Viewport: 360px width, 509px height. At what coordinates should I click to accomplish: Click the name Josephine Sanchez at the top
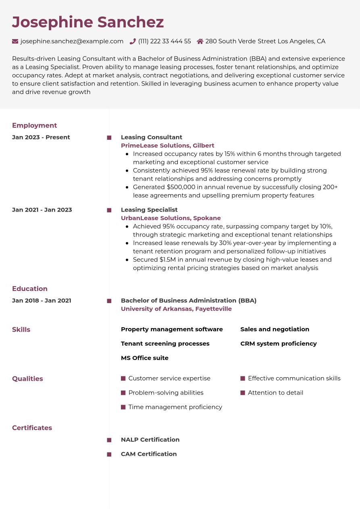[88, 22]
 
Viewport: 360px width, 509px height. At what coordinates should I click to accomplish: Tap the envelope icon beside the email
[15, 41]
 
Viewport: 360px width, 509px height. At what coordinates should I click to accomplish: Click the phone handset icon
[133, 41]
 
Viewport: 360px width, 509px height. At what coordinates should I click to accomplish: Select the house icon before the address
[200, 41]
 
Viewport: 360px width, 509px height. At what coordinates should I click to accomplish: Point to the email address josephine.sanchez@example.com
[72, 41]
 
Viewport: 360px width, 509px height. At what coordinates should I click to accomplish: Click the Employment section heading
[34, 125]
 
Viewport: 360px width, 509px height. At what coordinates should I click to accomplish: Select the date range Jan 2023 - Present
[41, 137]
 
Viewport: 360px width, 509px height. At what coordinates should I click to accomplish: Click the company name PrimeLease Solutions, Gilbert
[167, 145]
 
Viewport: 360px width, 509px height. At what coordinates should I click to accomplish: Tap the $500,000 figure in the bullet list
[181, 187]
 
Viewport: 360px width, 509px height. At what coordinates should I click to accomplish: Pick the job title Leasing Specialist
[149, 210]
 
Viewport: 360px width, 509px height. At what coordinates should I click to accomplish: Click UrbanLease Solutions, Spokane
[171, 218]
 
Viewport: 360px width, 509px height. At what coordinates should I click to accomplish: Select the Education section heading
[29, 289]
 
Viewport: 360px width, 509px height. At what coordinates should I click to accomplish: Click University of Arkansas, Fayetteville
[176, 309]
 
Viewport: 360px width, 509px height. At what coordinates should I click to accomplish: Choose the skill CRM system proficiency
[278, 343]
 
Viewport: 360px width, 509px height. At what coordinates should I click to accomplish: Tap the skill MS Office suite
[144, 358]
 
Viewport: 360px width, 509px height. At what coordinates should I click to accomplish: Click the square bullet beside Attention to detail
[243, 393]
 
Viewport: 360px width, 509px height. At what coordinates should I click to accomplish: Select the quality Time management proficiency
[175, 407]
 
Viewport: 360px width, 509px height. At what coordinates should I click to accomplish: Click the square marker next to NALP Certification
[109, 440]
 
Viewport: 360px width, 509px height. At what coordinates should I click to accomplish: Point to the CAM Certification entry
[148, 454]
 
